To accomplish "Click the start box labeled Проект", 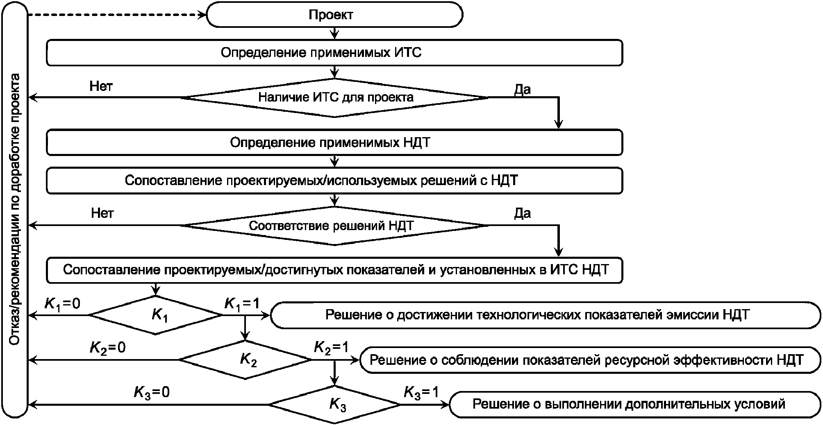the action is click(335, 15).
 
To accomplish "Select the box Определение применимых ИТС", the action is click(334, 52).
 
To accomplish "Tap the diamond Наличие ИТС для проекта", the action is click(334, 98).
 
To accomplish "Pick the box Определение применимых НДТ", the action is click(334, 142).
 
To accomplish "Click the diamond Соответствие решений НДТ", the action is click(334, 226).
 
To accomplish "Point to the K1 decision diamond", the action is click(156, 315).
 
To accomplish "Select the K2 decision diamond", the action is click(245, 360).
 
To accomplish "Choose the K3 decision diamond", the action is click(334, 405).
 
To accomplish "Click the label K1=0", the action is click(62, 304).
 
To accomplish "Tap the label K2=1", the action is click(331, 348).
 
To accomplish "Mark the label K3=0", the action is click(152, 393).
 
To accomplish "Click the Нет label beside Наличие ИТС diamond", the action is click(101, 86).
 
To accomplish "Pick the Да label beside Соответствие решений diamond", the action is click(523, 213).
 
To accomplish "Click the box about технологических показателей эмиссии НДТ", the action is click(546, 315).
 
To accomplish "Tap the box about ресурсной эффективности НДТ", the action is click(591, 360).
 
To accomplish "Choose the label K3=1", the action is click(421, 393).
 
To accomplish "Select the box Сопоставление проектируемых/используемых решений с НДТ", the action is click(334, 180).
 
